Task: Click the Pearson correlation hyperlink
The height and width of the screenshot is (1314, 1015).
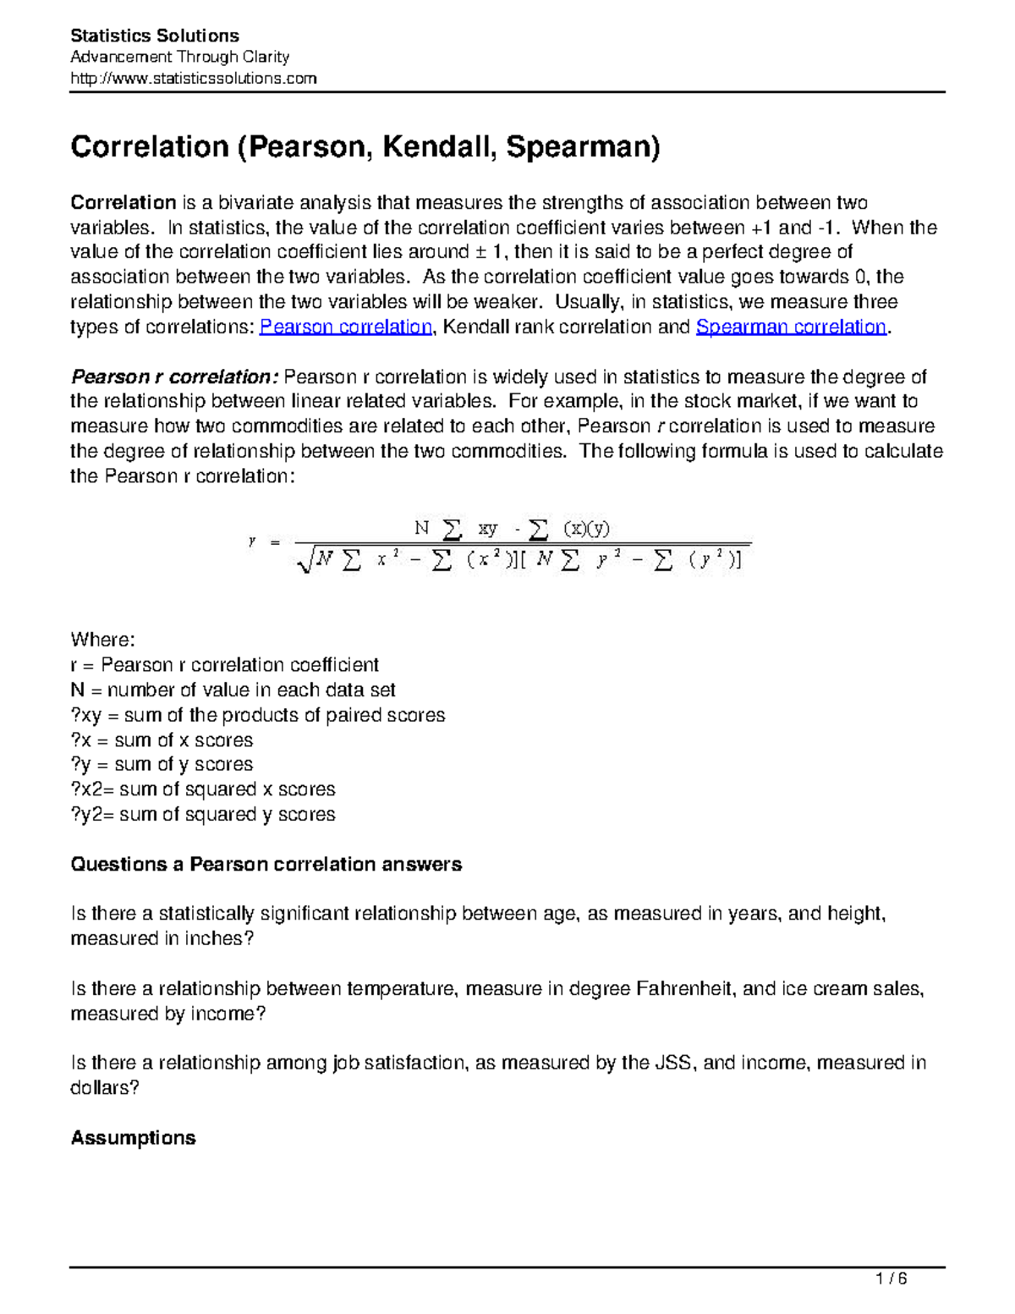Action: [x=345, y=327]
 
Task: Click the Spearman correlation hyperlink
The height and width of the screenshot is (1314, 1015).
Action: [x=790, y=327]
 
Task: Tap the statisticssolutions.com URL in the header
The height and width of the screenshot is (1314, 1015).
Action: [x=193, y=79]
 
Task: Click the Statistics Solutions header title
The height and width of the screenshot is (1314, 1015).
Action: [x=155, y=36]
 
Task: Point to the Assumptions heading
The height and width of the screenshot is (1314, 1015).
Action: [x=133, y=1138]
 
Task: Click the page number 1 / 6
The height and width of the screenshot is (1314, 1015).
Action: [x=892, y=1278]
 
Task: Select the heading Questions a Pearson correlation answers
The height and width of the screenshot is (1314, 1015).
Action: [x=266, y=865]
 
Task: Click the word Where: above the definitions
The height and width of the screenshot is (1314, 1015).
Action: [x=102, y=640]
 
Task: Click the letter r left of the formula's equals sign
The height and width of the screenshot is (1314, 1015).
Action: [x=252, y=542]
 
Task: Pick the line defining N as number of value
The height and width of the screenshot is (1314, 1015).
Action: [x=233, y=690]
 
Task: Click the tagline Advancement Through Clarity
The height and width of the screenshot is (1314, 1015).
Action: [x=179, y=58]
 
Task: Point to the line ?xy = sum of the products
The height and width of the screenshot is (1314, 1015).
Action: [x=257, y=716]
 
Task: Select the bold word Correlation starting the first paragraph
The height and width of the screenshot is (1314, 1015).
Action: [x=123, y=203]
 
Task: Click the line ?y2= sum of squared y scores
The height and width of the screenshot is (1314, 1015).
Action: [x=202, y=815]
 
